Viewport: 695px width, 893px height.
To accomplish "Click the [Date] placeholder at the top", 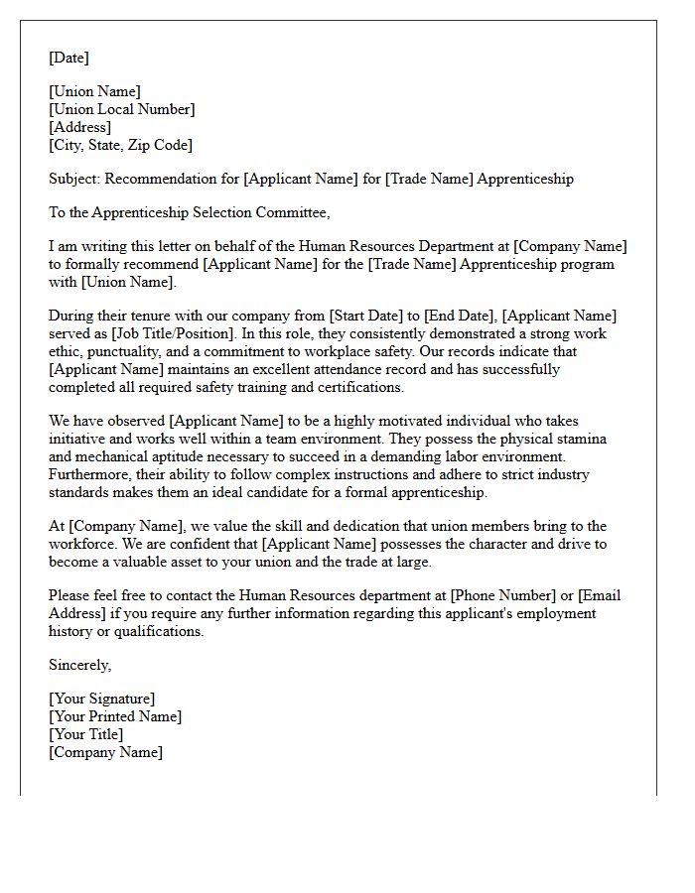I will [x=69, y=58].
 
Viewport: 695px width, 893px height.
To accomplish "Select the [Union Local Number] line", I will [x=121, y=109].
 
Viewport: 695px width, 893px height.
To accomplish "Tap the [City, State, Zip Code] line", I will [x=120, y=145].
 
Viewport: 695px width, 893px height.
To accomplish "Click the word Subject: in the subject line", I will [x=74, y=179].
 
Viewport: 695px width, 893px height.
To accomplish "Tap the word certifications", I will [x=353, y=387].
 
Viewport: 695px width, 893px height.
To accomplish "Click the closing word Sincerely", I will [x=79, y=665].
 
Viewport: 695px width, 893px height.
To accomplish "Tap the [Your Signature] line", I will [x=101, y=699].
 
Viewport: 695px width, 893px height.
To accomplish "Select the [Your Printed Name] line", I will [x=115, y=716].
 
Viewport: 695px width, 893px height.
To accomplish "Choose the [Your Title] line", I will [x=85, y=734].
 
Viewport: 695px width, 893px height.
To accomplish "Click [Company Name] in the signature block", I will [x=105, y=752].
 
